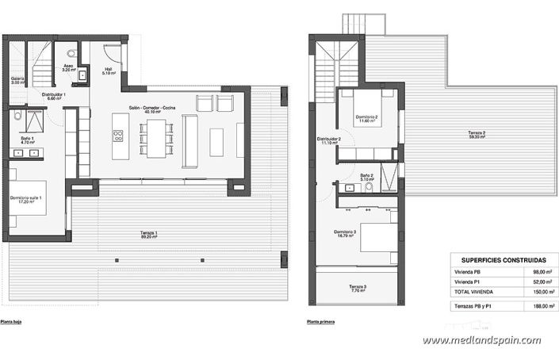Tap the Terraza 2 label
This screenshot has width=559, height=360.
[454, 134]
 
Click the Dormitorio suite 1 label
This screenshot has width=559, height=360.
[26, 199]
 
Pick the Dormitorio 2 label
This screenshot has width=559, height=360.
[366, 119]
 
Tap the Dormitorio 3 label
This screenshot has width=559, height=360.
[345, 233]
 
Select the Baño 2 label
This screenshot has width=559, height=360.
[366, 177]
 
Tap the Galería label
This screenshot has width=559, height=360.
[17, 80]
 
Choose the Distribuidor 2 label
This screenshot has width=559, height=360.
[329, 141]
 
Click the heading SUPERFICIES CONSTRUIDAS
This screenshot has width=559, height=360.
[497, 259]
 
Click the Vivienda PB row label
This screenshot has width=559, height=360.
[470, 272]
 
